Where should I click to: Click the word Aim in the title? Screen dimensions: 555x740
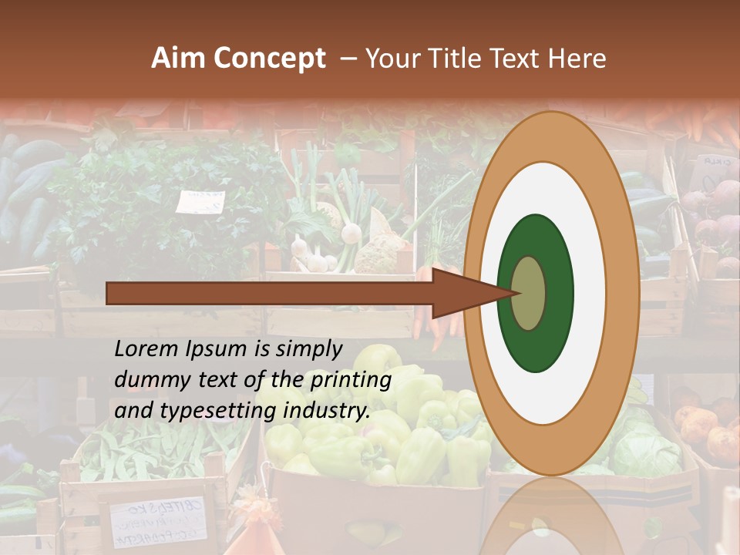(x=177, y=59)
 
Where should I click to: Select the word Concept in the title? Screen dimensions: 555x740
(x=269, y=59)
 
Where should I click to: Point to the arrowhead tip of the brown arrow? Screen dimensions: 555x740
(x=514, y=293)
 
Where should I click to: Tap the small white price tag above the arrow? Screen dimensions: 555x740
(x=200, y=202)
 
